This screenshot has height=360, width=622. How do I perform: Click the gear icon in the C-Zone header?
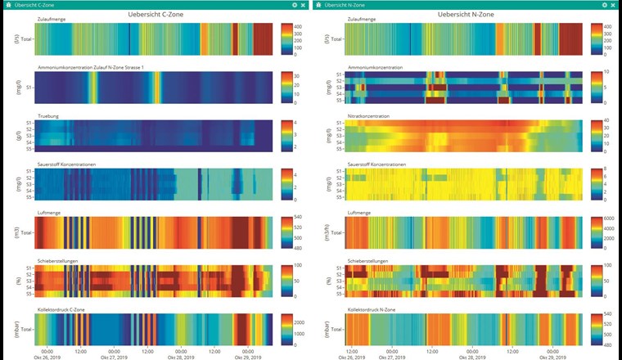click(x=294, y=5)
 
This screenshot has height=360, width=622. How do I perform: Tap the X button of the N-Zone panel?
click(x=614, y=5)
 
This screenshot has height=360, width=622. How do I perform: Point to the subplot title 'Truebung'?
click(x=50, y=116)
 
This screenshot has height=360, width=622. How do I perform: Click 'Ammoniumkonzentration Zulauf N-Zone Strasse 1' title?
click(x=91, y=67)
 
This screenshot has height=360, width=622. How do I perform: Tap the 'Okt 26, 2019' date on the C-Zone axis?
click(x=47, y=358)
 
